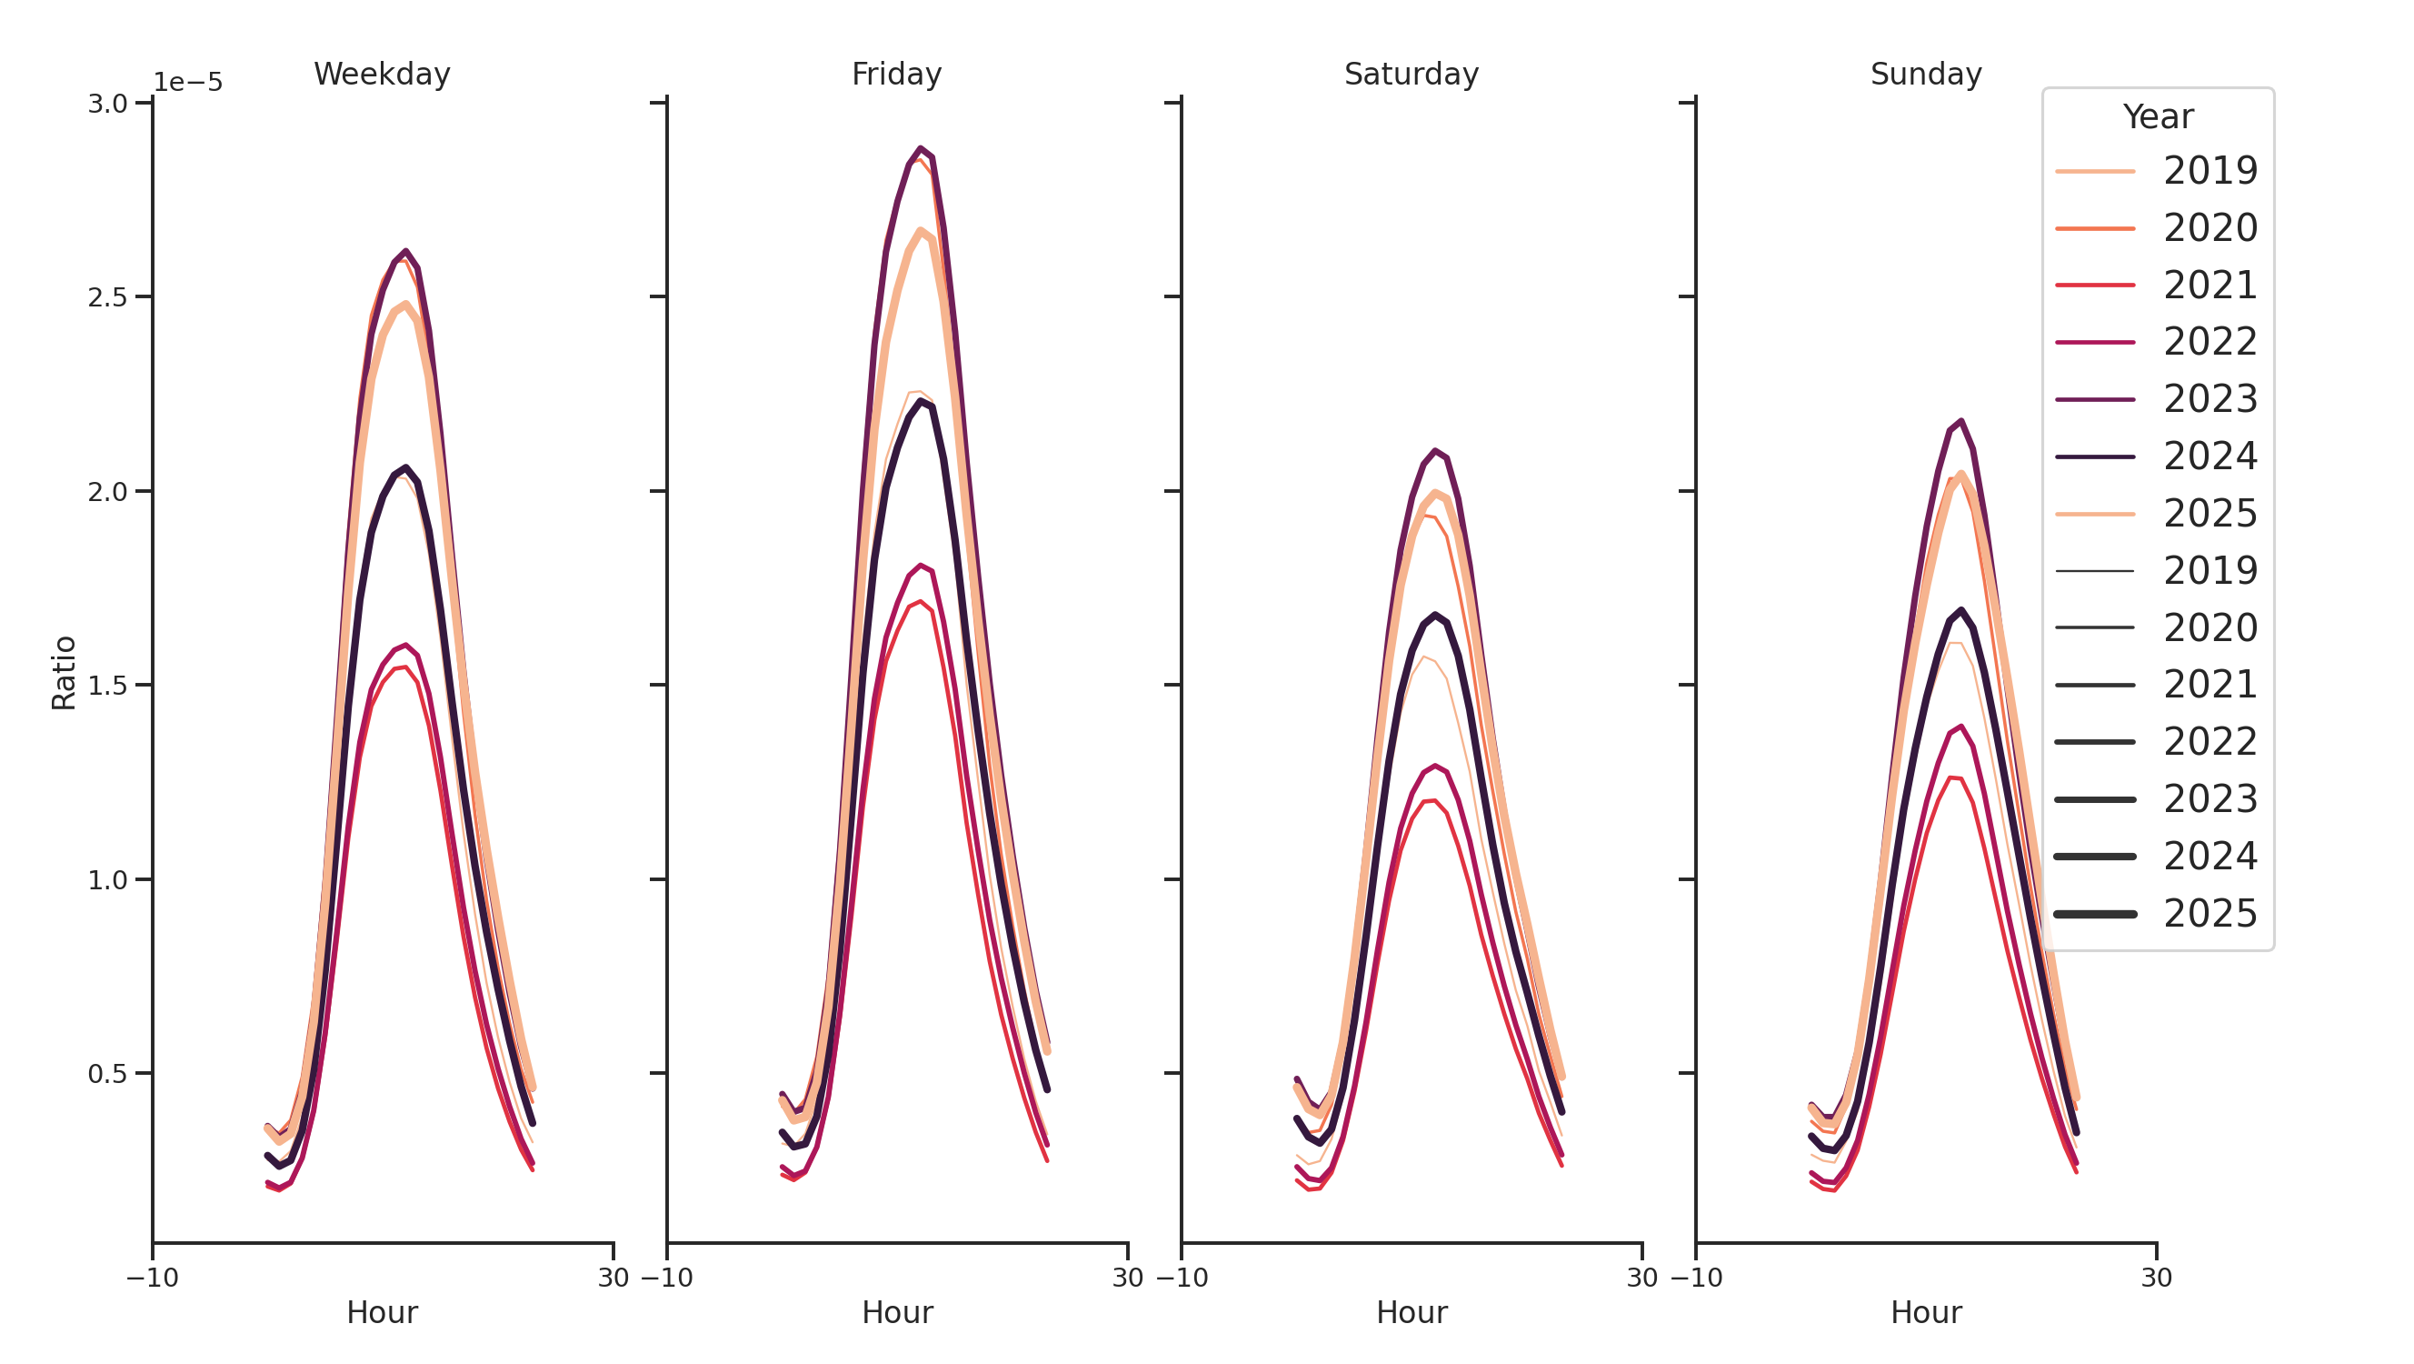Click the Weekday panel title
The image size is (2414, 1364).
(x=382, y=74)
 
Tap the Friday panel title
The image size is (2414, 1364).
(x=896, y=74)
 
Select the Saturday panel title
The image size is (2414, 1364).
(x=1411, y=74)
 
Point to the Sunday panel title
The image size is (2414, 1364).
(x=1925, y=74)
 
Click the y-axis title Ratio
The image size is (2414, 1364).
(x=64, y=672)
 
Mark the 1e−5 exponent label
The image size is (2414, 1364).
(x=187, y=83)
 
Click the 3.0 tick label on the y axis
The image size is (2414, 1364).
(x=108, y=103)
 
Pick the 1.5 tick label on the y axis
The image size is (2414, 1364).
(x=108, y=686)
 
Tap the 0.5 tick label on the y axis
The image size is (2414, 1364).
(x=108, y=1073)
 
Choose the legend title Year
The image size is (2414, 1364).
(x=2157, y=117)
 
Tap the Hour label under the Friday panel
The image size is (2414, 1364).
(x=897, y=1312)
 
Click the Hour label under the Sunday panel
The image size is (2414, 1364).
(x=1926, y=1312)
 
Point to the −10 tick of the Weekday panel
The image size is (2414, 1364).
(x=153, y=1278)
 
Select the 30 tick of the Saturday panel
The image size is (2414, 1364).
(x=1641, y=1278)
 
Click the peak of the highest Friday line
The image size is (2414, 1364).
(x=922, y=148)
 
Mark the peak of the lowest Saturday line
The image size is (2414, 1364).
(x=1429, y=800)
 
